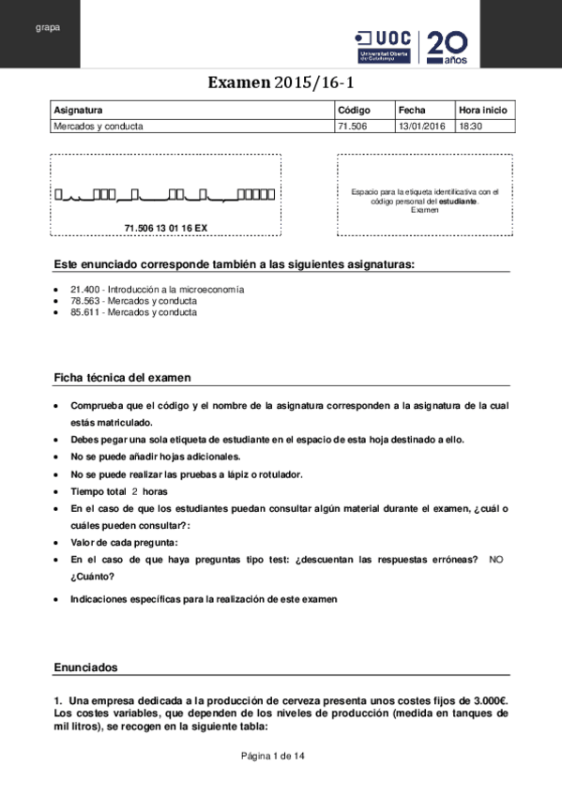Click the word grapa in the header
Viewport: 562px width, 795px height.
tap(48, 27)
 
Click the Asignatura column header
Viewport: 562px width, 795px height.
tap(79, 109)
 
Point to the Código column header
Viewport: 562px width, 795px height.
tap(355, 109)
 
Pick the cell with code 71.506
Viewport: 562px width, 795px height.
tap(353, 126)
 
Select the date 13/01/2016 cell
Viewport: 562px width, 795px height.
tap(423, 126)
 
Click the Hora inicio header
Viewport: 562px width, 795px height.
tap(483, 109)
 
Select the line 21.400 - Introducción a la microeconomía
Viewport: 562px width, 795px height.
tap(158, 290)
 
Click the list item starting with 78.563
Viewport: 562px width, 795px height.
tap(134, 301)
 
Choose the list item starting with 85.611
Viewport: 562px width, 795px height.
tap(134, 312)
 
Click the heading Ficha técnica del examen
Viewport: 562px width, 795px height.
tap(122, 378)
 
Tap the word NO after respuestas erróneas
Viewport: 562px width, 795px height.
tap(496, 559)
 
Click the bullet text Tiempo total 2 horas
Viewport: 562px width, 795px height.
tap(118, 491)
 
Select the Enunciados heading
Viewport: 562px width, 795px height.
tap(85, 667)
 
